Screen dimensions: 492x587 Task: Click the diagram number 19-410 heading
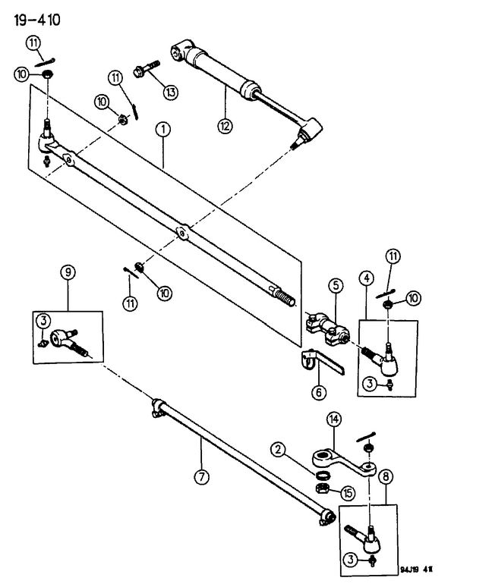coord(37,20)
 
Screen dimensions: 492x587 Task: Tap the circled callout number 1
coord(163,130)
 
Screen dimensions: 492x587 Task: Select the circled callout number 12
coord(225,125)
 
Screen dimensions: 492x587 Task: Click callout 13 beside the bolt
coord(171,92)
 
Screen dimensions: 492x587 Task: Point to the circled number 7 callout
coord(201,476)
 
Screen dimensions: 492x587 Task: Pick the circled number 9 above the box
coord(68,272)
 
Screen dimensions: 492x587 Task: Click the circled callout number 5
coord(336,286)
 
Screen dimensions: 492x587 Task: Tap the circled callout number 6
coord(319,392)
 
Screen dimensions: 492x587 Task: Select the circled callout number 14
coord(334,419)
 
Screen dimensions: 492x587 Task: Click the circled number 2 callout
coord(278,449)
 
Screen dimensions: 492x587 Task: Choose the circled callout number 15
coord(348,493)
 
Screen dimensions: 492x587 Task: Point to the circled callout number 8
coord(386,476)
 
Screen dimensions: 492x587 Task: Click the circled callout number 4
coord(367,278)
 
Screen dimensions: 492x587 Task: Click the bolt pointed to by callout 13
coord(146,68)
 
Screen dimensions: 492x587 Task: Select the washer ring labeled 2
coord(323,476)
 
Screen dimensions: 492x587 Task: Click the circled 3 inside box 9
coord(44,321)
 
